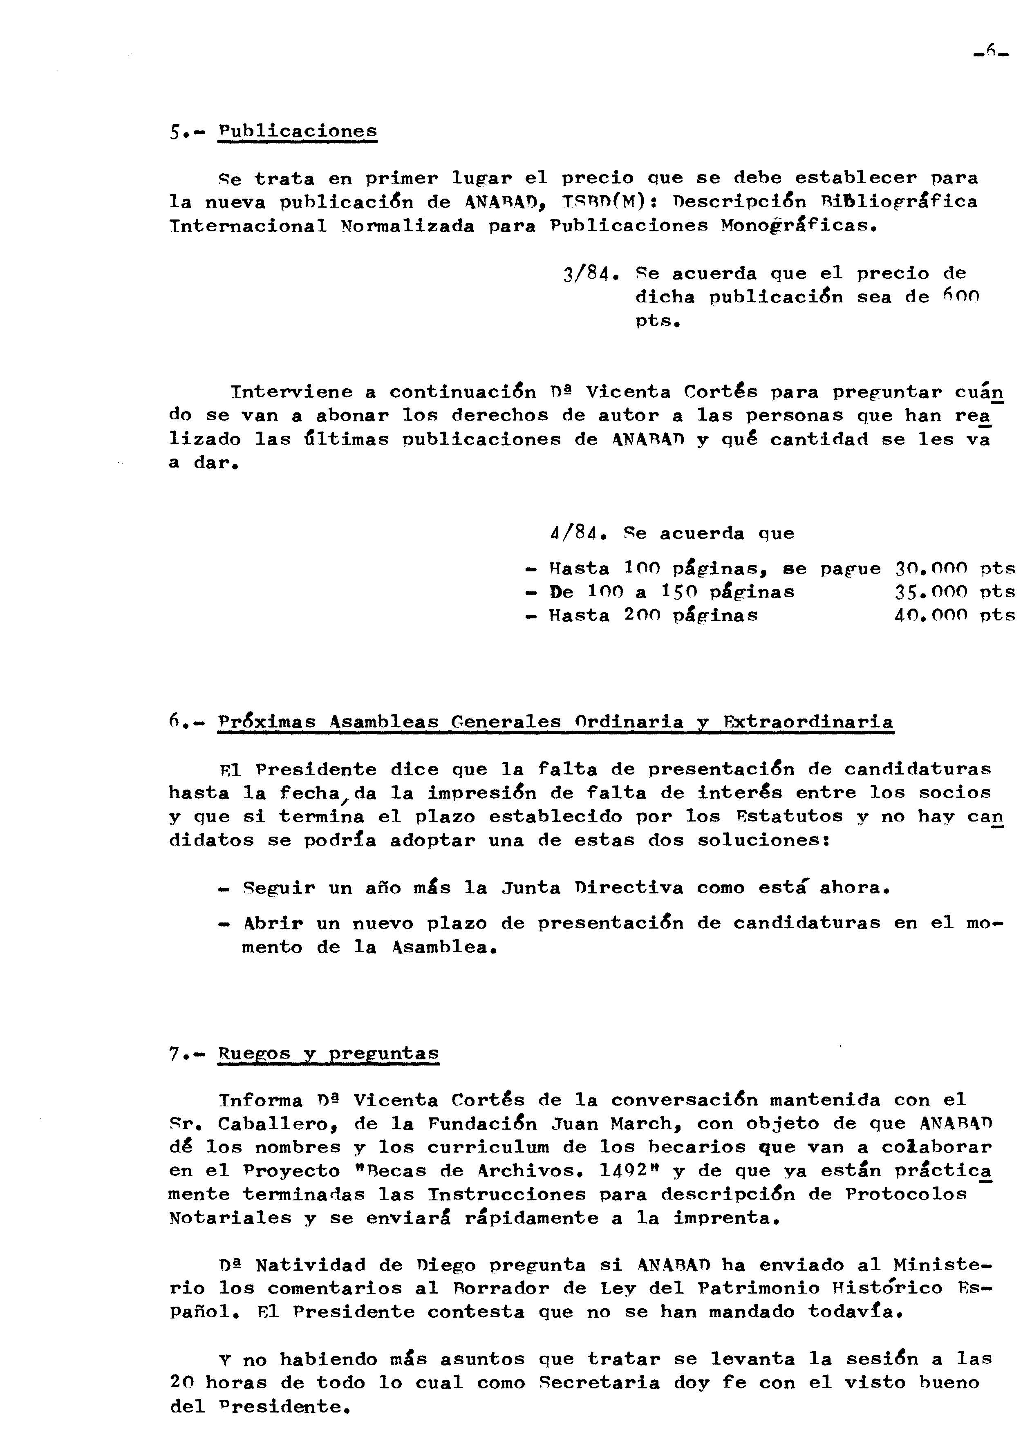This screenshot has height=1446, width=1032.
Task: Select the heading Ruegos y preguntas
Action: pos(329,1053)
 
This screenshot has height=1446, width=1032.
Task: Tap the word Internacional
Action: pos(248,226)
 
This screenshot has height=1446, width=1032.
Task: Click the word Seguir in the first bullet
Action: pos(279,888)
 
